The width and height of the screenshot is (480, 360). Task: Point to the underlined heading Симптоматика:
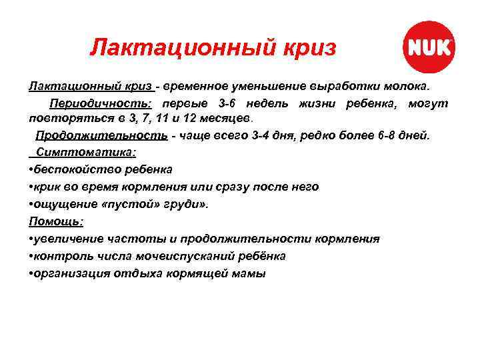click(x=83, y=152)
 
